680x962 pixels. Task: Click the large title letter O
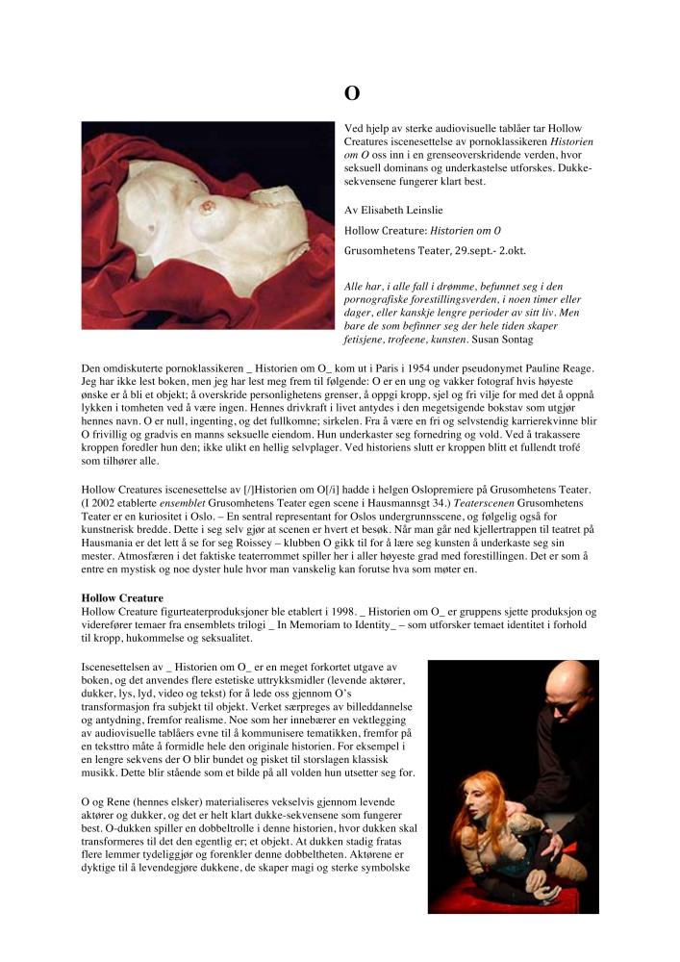352,93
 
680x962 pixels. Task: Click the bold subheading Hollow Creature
122,598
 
